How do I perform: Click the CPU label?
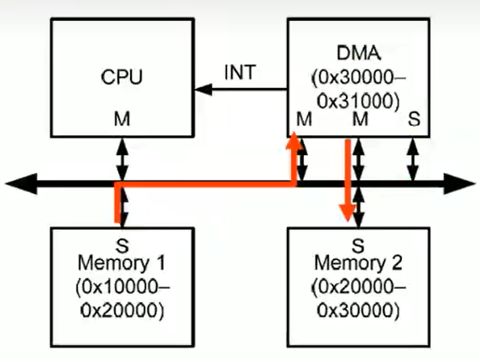(122, 76)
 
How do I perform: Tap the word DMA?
(358, 53)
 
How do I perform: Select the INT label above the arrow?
(240, 72)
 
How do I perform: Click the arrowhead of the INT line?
(203, 90)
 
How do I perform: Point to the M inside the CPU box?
(123, 119)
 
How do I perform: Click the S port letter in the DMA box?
(414, 119)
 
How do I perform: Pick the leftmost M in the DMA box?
(305, 119)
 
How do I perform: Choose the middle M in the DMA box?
(360, 119)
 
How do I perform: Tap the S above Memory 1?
(123, 246)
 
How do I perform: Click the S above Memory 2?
(358, 246)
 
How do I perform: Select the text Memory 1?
(122, 263)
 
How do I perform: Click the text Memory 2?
(358, 263)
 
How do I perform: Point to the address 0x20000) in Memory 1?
(123, 310)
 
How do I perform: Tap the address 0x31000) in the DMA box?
(358, 101)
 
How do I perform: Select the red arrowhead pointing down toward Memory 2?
(347, 212)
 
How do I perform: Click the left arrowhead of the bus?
(22, 184)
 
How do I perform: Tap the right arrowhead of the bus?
(459, 184)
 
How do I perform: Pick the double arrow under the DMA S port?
(413, 159)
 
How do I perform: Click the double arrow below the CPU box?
(123, 159)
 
